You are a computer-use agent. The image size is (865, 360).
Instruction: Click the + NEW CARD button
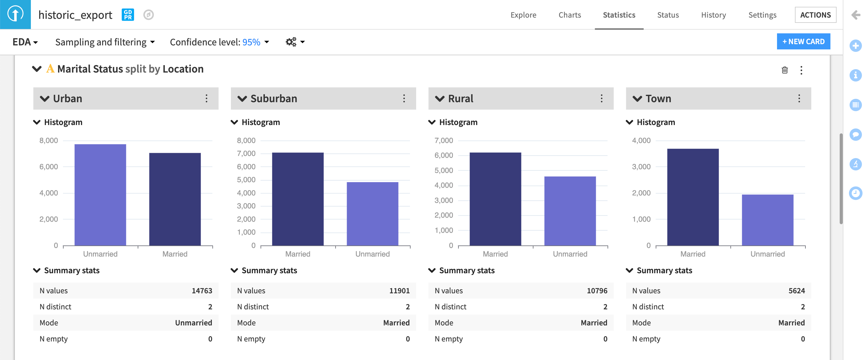pos(803,41)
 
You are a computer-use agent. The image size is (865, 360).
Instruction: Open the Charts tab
pos(570,15)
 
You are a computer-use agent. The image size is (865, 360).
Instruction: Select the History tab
pos(713,15)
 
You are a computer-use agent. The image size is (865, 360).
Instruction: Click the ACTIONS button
pos(815,15)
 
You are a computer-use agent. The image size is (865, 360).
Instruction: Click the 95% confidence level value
pos(251,42)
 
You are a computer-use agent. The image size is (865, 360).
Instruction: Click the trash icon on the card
pos(784,70)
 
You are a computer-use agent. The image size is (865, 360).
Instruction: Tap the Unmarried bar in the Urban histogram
pos(100,195)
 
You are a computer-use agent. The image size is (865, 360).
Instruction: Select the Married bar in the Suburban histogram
pos(298,199)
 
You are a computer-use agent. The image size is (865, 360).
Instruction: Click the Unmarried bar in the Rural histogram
pos(570,211)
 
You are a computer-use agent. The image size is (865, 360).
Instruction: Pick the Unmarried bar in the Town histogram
pos(767,220)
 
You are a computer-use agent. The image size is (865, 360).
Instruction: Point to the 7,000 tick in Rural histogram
pos(444,140)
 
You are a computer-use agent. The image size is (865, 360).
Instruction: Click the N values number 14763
pos(202,291)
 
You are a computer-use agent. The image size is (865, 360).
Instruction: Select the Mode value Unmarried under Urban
pos(194,323)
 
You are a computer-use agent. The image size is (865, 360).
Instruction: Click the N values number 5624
pos(796,291)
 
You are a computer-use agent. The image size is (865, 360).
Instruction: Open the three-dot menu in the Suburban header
pos(404,98)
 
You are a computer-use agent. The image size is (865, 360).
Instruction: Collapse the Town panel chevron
pos(637,98)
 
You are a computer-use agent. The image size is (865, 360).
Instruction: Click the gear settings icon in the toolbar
pos(291,42)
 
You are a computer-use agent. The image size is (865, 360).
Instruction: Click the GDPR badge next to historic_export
pos(127,15)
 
